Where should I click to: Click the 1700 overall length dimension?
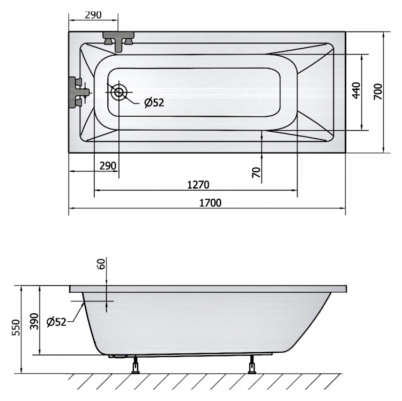click(210, 203)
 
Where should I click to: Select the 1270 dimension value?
click(198, 185)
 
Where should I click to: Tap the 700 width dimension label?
click(378, 92)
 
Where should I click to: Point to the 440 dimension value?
click(356, 90)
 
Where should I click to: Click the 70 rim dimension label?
click(256, 172)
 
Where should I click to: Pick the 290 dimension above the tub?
click(93, 15)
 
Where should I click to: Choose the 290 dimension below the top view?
click(108, 166)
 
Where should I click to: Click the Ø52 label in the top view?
click(154, 102)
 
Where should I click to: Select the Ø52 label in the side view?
click(56, 322)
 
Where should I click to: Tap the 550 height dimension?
click(16, 328)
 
